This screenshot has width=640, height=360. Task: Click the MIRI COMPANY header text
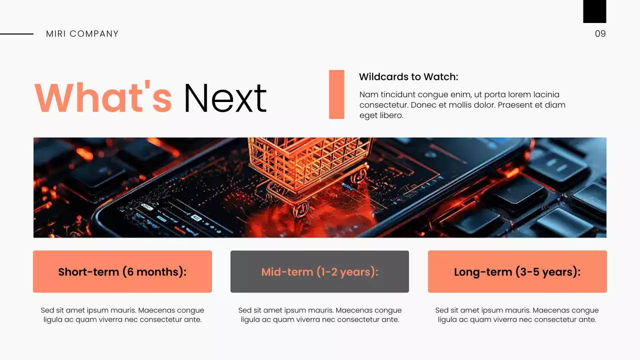tap(82, 34)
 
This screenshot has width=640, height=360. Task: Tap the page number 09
tap(600, 34)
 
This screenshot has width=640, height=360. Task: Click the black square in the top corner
tap(594, 11)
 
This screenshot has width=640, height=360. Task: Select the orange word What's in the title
tap(103, 98)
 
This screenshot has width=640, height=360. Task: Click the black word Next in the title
tap(225, 98)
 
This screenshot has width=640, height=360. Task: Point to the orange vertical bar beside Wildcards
tap(336, 94)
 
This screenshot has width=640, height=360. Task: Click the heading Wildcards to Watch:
tap(408, 77)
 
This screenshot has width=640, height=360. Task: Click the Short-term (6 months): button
tap(122, 271)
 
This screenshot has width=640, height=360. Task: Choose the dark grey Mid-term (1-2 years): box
tap(319, 271)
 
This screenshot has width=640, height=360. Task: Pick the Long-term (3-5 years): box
tap(517, 271)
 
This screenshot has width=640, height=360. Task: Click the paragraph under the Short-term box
tap(122, 315)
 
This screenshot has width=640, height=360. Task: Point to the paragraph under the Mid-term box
tap(319, 315)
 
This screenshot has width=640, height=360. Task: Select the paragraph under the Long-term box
tap(517, 315)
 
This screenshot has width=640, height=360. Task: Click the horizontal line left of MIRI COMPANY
tap(16, 34)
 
